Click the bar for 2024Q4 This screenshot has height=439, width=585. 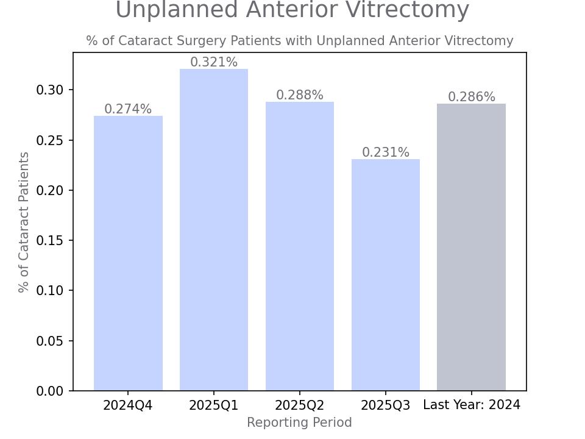[x=128, y=253]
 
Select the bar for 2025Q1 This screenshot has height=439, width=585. [x=214, y=230]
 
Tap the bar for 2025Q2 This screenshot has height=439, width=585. [x=300, y=246]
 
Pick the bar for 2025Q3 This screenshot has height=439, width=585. [x=386, y=275]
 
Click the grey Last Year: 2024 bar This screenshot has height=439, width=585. [x=471, y=247]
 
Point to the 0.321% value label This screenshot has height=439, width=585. [x=214, y=62]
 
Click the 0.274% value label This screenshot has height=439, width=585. [x=128, y=109]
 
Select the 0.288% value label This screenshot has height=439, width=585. [x=300, y=95]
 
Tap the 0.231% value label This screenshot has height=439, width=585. [x=386, y=152]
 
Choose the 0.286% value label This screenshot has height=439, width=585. [x=472, y=97]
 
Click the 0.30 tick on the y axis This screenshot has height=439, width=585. [x=49, y=90]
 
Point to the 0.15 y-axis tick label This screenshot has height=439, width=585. [x=49, y=241]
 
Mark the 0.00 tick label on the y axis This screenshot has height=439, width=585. [x=49, y=391]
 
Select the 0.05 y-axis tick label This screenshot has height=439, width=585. [x=49, y=341]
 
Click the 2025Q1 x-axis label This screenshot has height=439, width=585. [x=214, y=405]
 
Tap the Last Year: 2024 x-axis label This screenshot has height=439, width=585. [x=472, y=405]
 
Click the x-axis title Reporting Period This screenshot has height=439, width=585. [x=299, y=423]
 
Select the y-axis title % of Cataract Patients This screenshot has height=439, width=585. [x=24, y=222]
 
